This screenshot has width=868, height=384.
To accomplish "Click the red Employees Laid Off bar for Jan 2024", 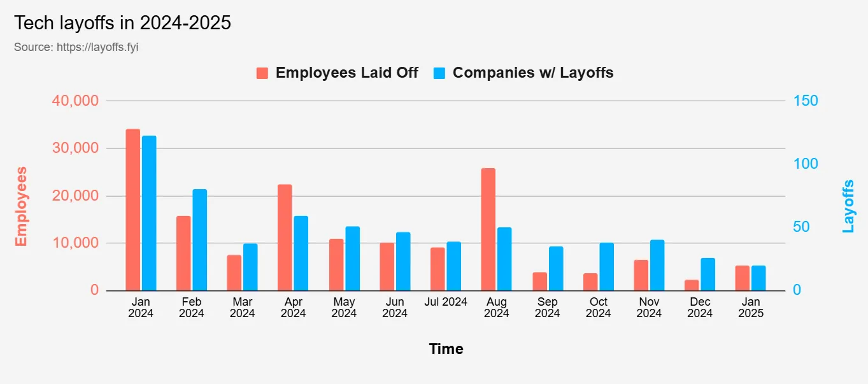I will (132, 210).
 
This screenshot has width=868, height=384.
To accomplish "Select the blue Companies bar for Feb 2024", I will (200, 240).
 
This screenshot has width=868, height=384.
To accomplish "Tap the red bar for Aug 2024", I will (488, 229).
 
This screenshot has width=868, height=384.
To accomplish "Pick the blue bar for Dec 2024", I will (708, 274).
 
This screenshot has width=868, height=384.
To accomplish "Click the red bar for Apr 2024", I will (285, 238).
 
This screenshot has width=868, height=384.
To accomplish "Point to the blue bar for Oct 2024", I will (606, 267).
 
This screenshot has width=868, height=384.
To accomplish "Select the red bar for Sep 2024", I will (539, 281).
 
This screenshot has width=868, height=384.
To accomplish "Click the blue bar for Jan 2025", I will (758, 278).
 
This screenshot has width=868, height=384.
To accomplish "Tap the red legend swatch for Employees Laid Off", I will (262, 73).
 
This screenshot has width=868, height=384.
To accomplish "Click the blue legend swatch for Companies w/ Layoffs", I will (439, 73).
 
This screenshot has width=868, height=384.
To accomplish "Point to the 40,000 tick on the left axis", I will (75, 101).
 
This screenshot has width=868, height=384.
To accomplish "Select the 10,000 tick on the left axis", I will (75, 243).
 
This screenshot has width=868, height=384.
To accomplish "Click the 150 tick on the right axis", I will (806, 101).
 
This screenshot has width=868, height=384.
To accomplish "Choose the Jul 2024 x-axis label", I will (446, 302).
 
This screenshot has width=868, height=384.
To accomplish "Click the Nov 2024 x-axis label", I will (649, 308).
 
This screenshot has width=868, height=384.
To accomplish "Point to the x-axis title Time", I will (446, 349).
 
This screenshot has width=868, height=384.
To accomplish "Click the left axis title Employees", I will (21, 206).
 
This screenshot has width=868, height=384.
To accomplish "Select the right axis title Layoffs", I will (848, 206).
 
